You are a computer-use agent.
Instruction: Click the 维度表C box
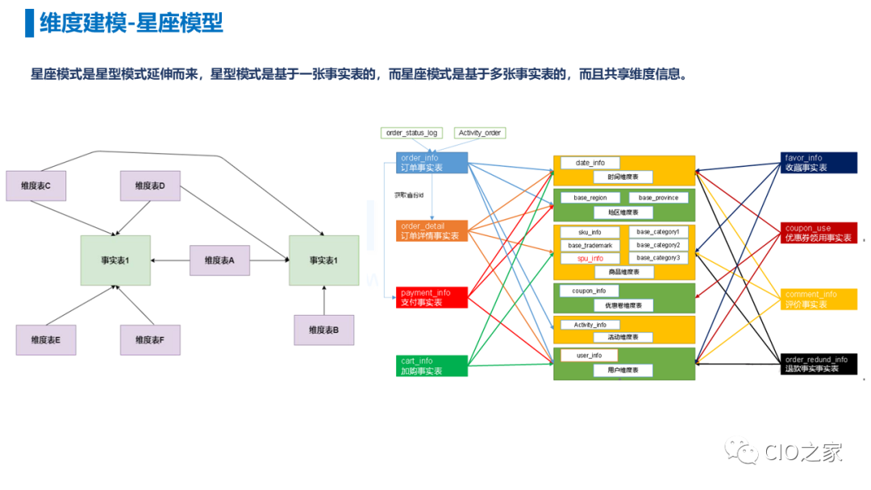pyautogui.click(x=35, y=185)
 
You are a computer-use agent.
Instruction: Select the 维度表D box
pyautogui.click(x=150, y=185)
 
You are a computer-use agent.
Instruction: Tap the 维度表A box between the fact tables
pyautogui.click(x=219, y=260)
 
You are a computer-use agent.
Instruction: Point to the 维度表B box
pyautogui.click(x=323, y=330)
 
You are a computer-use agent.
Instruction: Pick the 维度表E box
pyautogui.click(x=46, y=340)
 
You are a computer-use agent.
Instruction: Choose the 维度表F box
pyautogui.click(x=150, y=340)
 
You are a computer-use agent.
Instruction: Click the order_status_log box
pyautogui.click(x=411, y=133)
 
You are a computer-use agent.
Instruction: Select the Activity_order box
pyautogui.click(x=480, y=133)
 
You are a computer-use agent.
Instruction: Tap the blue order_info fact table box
pyautogui.click(x=431, y=163)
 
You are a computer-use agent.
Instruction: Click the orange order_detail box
pyautogui.click(x=431, y=231)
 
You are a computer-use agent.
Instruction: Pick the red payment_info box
pyautogui.click(x=431, y=297)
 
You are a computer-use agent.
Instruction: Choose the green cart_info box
pyautogui.click(x=431, y=366)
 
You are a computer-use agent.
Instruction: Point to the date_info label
pyautogui.click(x=590, y=163)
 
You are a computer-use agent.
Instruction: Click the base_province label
pyautogui.click(x=658, y=197)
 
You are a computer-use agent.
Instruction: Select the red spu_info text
pyautogui.click(x=590, y=258)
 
